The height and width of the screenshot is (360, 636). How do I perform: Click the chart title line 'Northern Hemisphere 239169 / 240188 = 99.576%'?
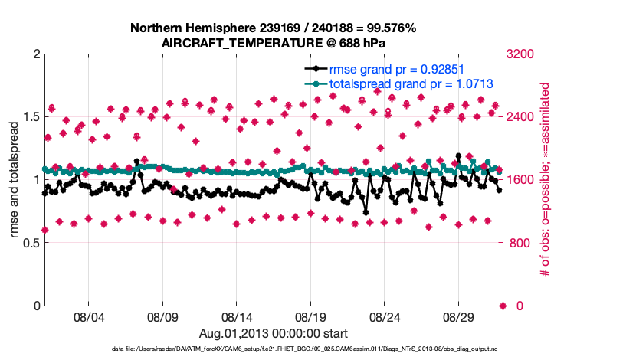coord(273,28)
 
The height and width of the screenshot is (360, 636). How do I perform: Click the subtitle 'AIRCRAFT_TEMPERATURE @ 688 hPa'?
coord(273,43)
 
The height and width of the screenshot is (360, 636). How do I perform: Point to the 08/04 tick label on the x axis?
coord(88,316)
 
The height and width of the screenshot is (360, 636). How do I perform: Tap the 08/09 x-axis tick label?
coord(162,316)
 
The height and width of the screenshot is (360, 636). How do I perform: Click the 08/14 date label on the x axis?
coord(237,316)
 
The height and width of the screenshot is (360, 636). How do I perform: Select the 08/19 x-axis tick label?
coord(310,316)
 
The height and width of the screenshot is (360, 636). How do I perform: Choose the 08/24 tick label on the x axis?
coord(385,316)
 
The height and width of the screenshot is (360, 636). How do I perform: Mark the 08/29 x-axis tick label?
coord(458,316)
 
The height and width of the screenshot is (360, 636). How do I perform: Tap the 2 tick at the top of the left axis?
coord(35,54)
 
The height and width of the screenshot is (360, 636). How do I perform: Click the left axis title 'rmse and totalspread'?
coord(14,180)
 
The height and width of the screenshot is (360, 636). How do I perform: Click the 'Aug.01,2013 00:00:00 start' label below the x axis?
coord(274,333)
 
